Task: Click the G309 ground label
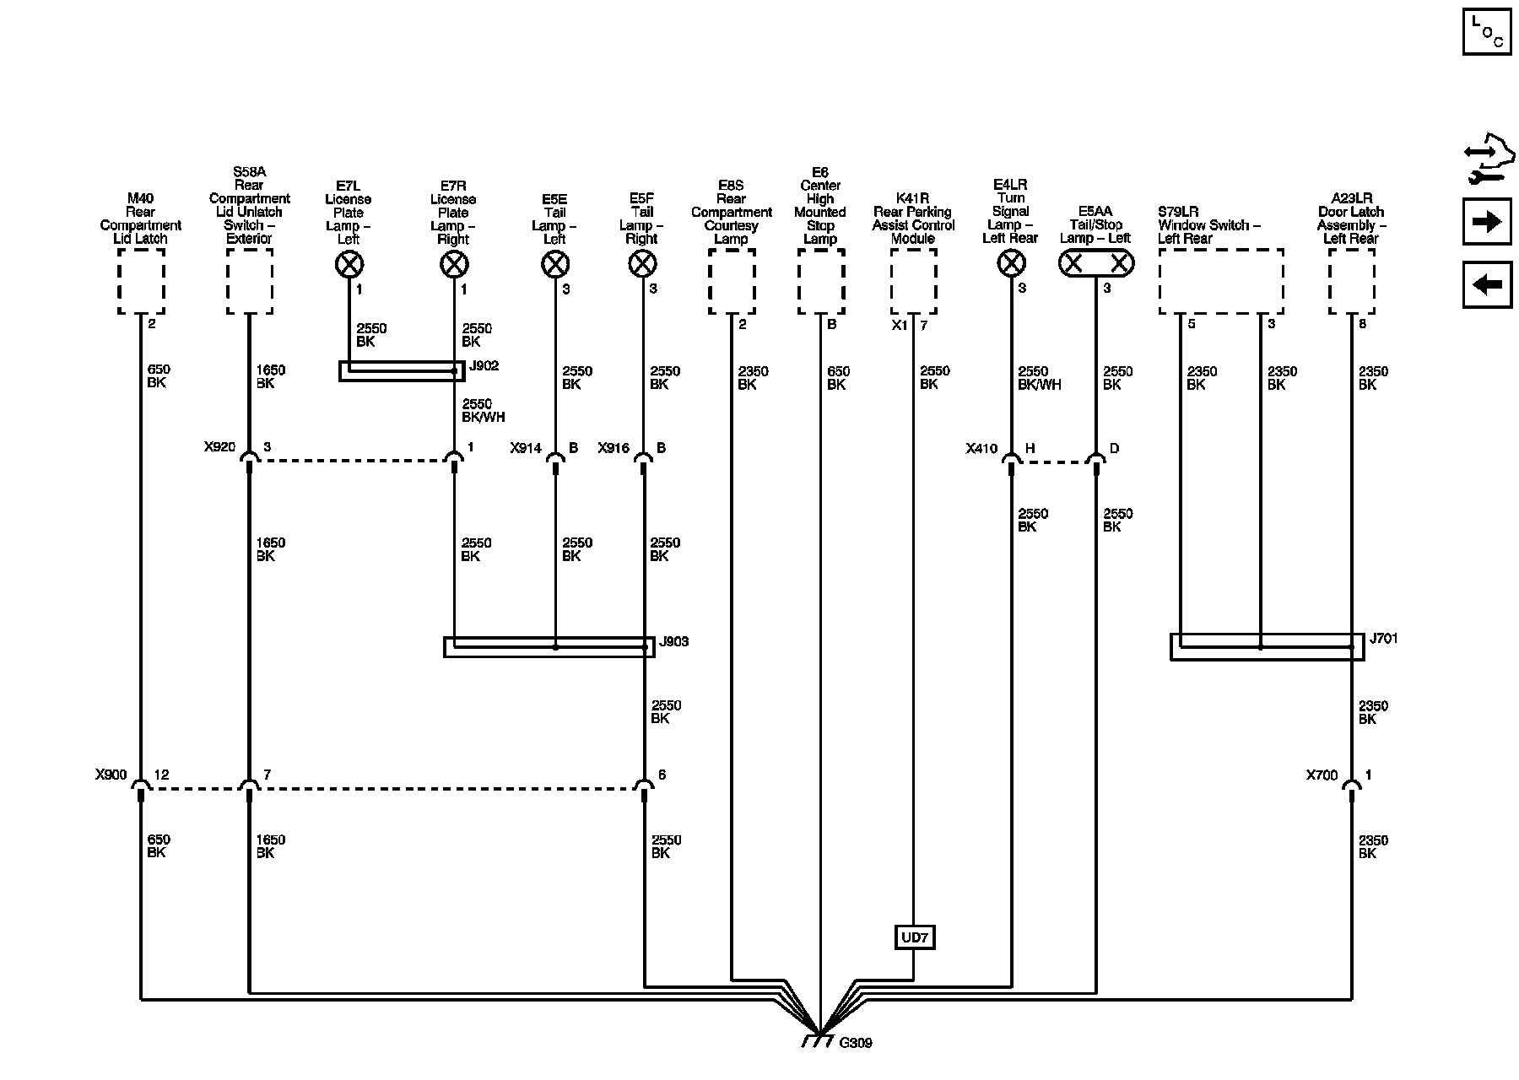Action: click(856, 1043)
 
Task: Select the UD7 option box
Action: click(914, 937)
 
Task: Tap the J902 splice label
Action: click(484, 366)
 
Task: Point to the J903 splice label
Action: click(673, 642)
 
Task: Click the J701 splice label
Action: click(1383, 639)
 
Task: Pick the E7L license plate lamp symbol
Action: click(349, 265)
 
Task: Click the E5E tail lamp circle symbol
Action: click(554, 265)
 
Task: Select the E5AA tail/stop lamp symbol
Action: click(1096, 265)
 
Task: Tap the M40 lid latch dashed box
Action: click(141, 282)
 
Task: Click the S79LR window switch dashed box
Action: click(1221, 282)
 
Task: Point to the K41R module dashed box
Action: click(913, 282)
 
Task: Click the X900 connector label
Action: click(111, 775)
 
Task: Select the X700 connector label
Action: click(1322, 775)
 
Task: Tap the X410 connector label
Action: click(981, 449)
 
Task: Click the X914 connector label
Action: click(526, 448)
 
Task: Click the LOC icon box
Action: click(1487, 32)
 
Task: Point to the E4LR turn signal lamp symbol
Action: click(1011, 265)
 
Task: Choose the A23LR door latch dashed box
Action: click(1351, 282)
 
